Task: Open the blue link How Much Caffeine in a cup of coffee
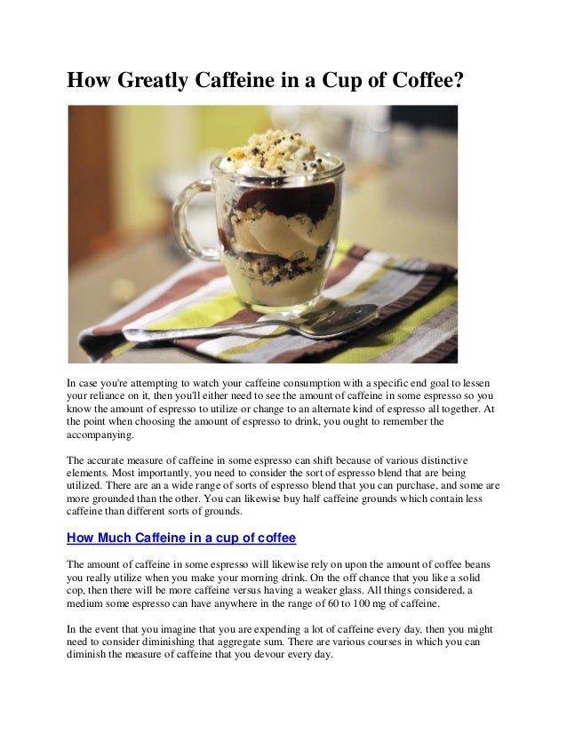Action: (181, 538)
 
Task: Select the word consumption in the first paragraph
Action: (290, 381)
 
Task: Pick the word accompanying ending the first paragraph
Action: (100, 435)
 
